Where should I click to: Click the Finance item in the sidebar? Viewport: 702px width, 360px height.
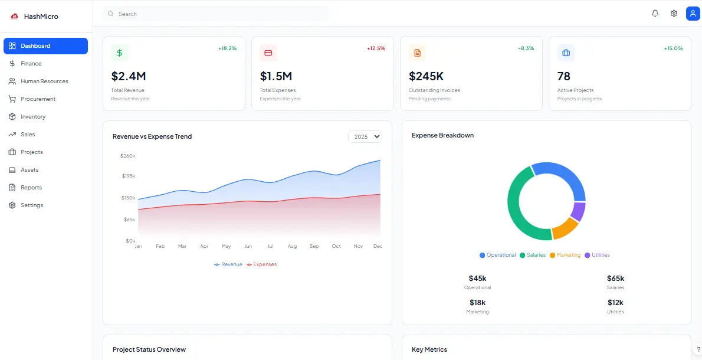31,64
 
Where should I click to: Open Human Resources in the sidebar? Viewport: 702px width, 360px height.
44,81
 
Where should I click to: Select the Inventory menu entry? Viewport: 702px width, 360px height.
32,117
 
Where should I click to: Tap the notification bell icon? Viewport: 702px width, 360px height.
655,14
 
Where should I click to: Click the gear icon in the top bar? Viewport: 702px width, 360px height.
674,14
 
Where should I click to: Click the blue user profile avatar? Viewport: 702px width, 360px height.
693,14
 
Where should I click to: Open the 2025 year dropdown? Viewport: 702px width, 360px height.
365,136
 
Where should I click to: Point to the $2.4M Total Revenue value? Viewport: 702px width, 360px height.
128,76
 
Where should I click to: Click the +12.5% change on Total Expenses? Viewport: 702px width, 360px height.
376,48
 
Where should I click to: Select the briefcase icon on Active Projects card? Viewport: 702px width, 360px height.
566,53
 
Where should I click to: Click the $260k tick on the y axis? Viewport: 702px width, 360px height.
127,156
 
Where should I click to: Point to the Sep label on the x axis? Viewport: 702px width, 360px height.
314,246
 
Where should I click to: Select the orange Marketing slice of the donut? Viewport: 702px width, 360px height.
564,228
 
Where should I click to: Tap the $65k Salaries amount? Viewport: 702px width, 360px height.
615,279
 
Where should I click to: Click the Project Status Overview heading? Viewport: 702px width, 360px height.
149,349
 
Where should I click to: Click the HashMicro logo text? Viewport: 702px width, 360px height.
41,17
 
